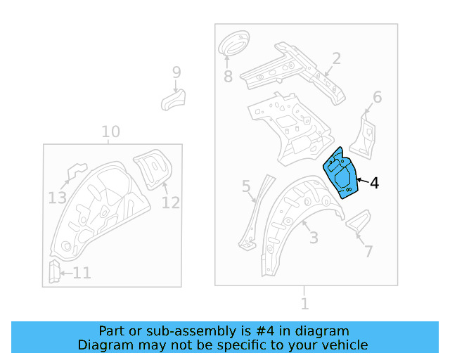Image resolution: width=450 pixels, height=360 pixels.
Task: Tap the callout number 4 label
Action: pos(374,184)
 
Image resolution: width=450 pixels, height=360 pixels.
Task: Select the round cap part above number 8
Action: pos(235,44)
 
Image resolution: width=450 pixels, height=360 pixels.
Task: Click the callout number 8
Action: pos(228,76)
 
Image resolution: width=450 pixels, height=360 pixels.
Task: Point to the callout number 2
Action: pos(336,58)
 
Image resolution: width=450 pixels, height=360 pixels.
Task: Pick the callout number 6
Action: pos(377,97)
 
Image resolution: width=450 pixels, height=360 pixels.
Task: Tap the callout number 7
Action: pos(369,251)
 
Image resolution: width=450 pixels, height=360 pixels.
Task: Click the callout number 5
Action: pos(246,186)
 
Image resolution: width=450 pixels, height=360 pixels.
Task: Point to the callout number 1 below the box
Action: pos(304,304)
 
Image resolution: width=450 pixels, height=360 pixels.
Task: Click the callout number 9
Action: pos(176,72)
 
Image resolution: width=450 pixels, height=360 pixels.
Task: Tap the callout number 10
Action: pos(110,131)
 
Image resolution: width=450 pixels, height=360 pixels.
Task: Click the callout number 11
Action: pos(82,273)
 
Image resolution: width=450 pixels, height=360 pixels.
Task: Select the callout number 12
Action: pos(171,202)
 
